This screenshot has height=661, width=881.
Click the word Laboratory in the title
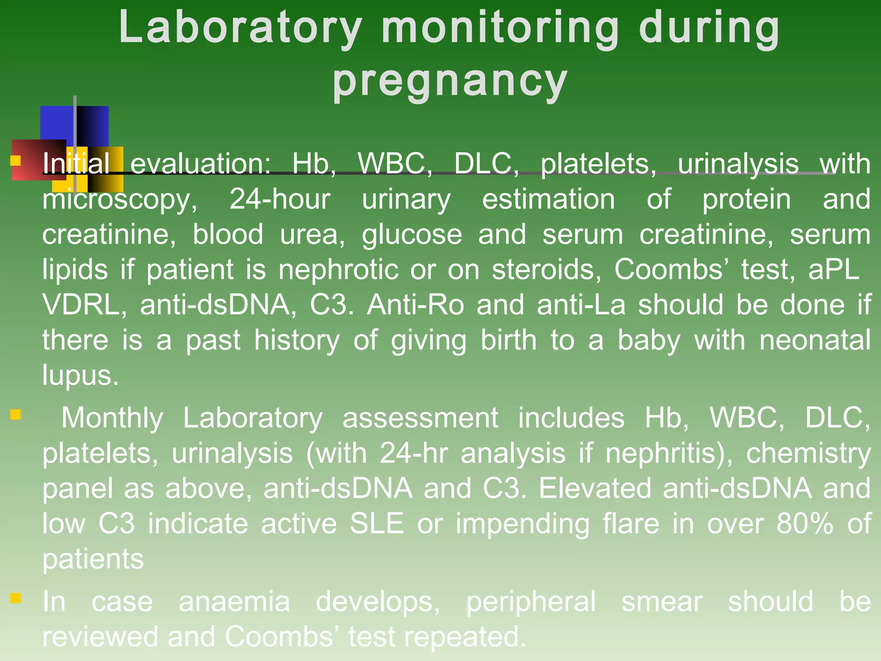click(240, 28)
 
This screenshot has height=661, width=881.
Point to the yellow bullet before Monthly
click(15, 414)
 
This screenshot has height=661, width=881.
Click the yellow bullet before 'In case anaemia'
click(15, 598)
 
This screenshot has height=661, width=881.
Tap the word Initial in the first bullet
click(76, 164)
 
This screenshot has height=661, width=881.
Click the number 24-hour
click(280, 199)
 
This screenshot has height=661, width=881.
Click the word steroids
click(546, 270)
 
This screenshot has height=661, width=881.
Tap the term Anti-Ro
click(416, 305)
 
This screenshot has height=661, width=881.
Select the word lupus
click(80, 376)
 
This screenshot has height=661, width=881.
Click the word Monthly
click(112, 418)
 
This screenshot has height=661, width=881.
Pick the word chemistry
click(808, 453)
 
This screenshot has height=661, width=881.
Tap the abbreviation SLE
click(377, 524)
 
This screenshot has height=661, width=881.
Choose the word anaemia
click(234, 602)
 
